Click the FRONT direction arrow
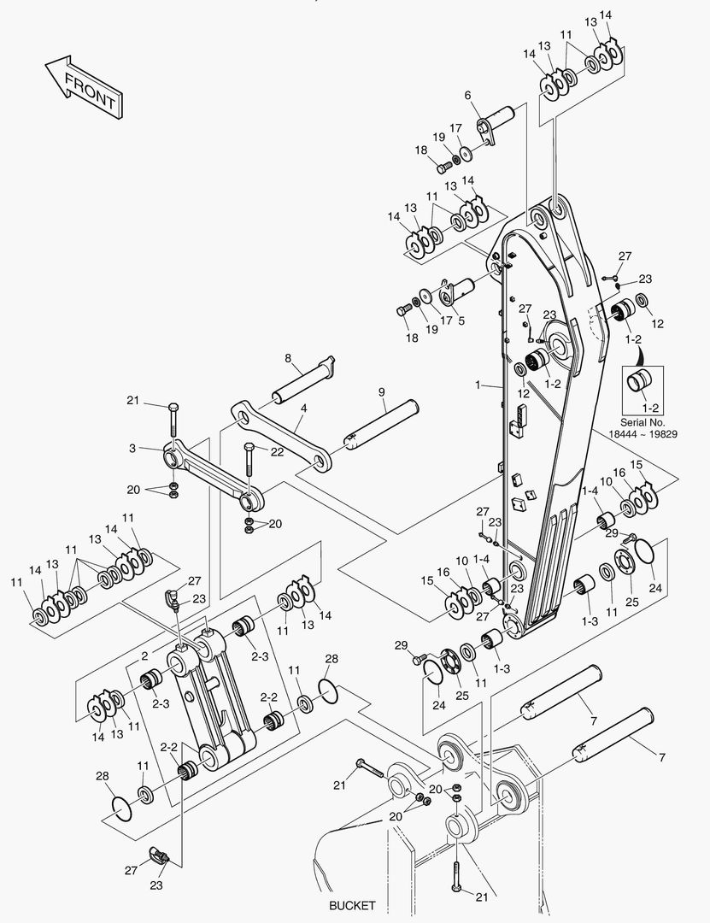tap(82, 87)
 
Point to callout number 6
tap(468, 96)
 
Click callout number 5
tap(461, 321)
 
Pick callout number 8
tap(288, 358)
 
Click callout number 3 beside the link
tap(132, 447)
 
